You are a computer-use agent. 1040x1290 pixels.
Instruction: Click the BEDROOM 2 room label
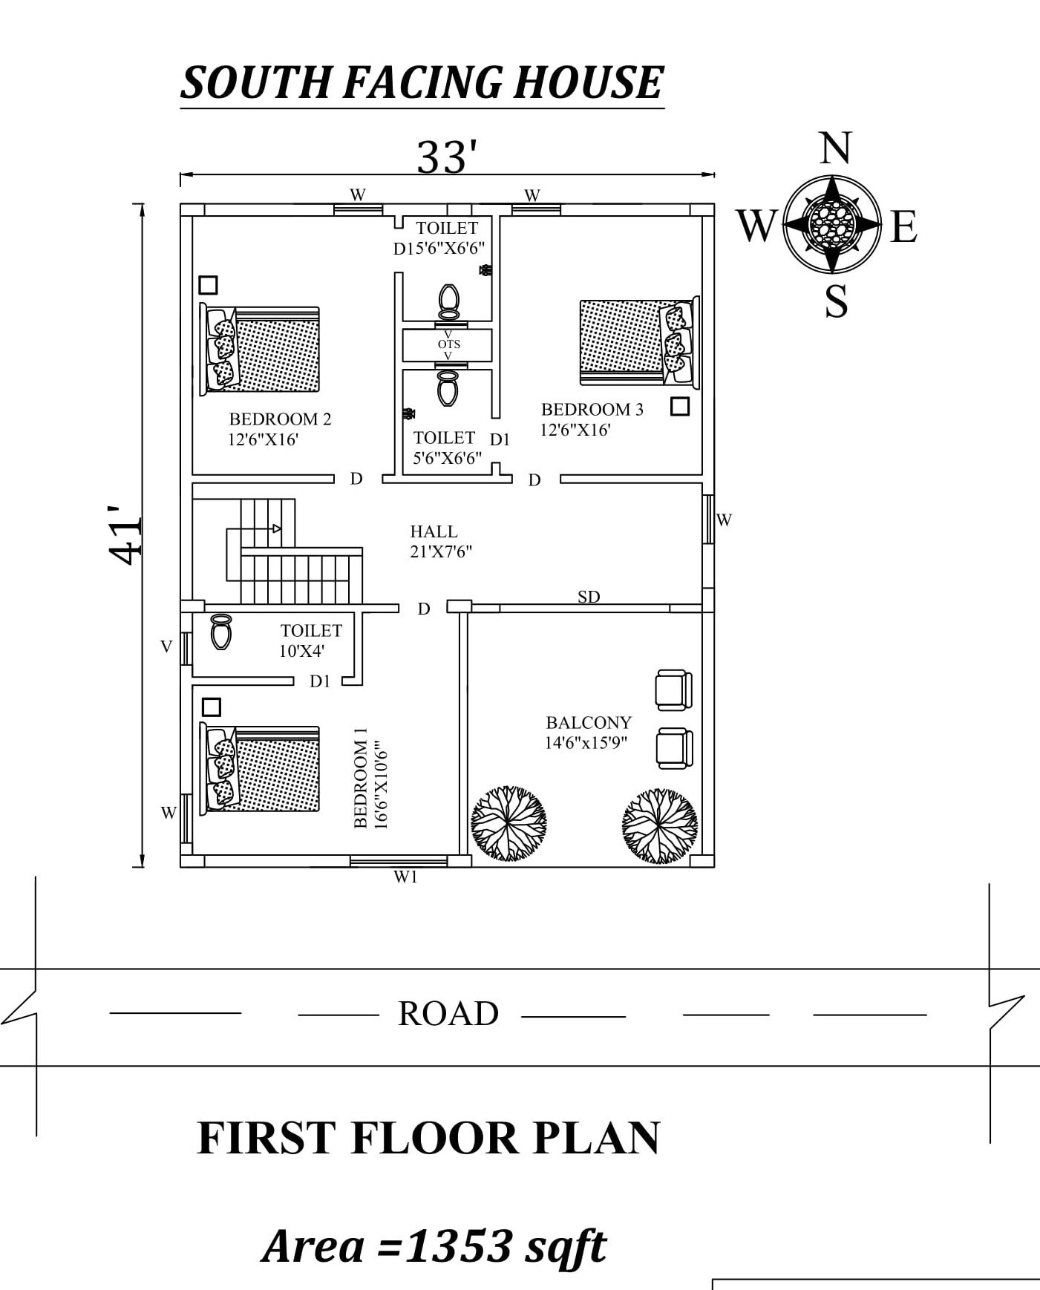(280, 419)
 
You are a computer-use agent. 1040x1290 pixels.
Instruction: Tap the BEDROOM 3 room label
(592, 410)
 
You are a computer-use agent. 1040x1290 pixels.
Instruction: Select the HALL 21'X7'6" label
(441, 541)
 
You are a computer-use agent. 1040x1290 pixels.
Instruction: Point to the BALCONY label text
(589, 722)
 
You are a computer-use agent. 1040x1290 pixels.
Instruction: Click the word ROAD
(448, 1013)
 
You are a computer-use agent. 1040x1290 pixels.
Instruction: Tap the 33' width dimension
(446, 157)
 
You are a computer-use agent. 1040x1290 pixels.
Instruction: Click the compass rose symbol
(833, 224)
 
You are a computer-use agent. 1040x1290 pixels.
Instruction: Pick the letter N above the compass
(835, 148)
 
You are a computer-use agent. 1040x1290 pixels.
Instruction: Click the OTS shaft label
(449, 344)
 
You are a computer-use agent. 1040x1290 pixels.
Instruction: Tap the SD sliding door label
(589, 597)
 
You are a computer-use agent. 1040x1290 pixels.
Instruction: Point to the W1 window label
(405, 877)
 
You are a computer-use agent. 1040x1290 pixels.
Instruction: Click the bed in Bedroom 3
(639, 341)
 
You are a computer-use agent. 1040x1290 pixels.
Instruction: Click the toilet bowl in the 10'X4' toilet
(221, 632)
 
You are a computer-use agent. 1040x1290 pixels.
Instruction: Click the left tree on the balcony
(509, 823)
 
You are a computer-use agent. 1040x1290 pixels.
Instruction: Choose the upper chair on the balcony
(674, 690)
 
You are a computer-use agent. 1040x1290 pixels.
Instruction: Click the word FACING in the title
(422, 82)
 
